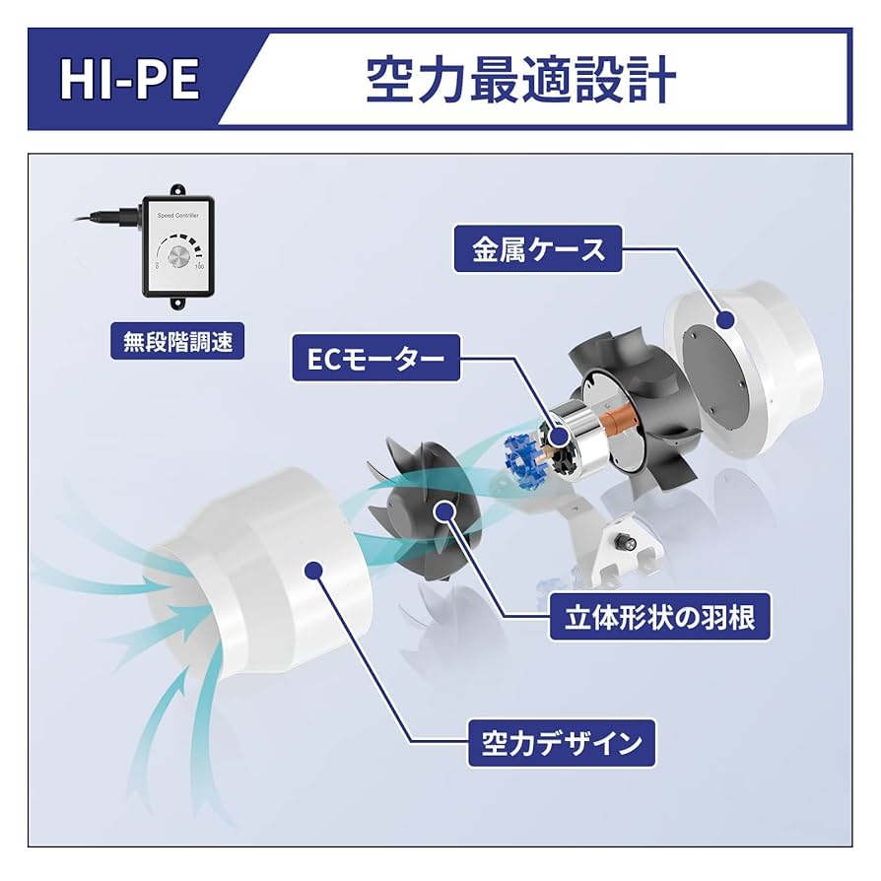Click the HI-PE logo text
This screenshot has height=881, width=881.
pos(129,80)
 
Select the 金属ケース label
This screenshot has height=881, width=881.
pos(539,250)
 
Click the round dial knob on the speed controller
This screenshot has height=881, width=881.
pos(177,259)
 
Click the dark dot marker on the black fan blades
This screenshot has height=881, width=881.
pos(442,510)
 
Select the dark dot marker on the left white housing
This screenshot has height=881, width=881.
pos(313,570)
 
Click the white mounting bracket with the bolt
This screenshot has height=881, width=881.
pos(628,548)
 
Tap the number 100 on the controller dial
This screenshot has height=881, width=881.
pos(199,266)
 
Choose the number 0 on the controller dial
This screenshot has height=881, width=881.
pos(157,266)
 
